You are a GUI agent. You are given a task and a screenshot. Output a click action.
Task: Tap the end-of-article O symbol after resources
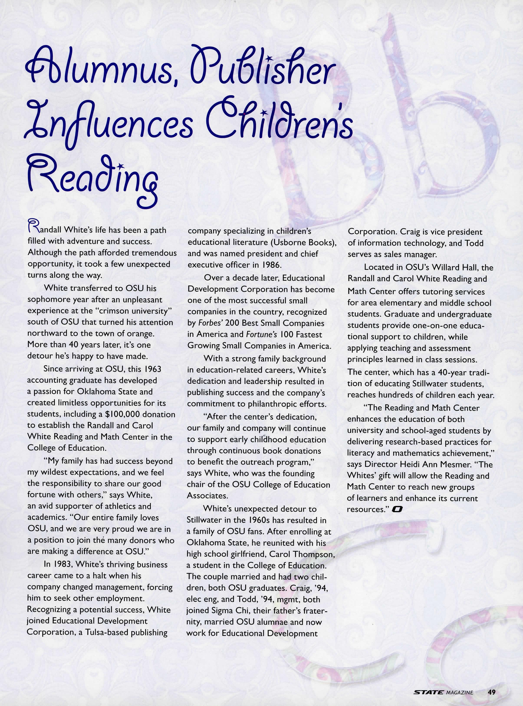(x=397, y=509)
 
